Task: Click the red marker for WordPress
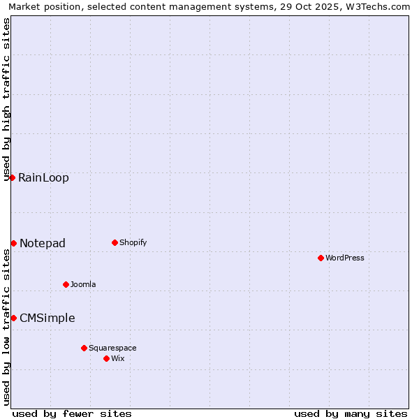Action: point(321,258)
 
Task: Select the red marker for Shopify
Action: point(115,242)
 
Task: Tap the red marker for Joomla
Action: point(66,284)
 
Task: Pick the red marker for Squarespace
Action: point(84,348)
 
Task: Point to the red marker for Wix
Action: point(106,358)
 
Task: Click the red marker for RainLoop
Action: point(12,177)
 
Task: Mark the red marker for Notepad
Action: point(13,243)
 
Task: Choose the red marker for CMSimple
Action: point(13,318)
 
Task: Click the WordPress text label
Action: point(345,258)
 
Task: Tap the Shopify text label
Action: point(133,242)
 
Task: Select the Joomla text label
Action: point(83,284)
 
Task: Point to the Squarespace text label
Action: point(112,348)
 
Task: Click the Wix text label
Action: point(118,358)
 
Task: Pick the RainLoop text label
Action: point(43,177)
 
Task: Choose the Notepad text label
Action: point(43,243)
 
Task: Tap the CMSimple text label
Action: point(47,318)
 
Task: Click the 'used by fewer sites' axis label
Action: point(72,413)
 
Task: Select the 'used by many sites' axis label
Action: point(351,413)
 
